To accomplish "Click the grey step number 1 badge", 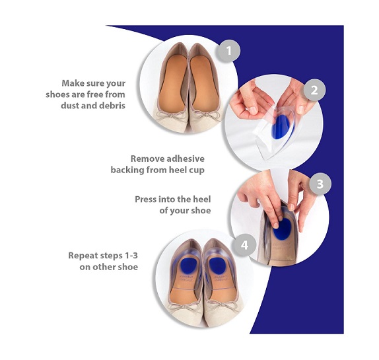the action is (228, 51).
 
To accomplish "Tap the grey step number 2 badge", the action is (314, 90).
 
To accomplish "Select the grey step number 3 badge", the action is (320, 184).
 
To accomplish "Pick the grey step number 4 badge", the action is (244, 245).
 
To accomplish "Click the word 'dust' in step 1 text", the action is (69, 106).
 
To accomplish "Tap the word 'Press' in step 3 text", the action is (145, 199).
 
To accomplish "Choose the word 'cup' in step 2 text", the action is (197, 170).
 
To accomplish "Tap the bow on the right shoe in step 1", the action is (206, 114).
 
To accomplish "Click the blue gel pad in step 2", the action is (282, 127).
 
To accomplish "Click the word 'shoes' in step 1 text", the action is (57, 94).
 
